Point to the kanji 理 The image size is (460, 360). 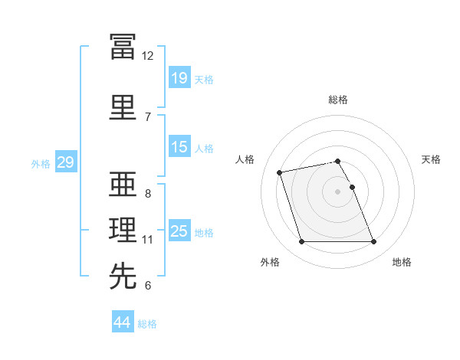[123, 231]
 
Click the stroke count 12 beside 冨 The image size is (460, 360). [148, 56]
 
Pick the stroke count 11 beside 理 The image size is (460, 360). [148, 240]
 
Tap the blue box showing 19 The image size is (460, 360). [179, 77]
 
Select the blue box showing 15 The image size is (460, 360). [179, 147]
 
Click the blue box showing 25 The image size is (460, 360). [179, 231]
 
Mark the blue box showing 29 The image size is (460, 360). [65, 162]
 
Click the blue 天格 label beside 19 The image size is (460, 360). [203, 79]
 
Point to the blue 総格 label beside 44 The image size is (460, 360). [147, 324]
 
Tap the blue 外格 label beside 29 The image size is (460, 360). [41, 164]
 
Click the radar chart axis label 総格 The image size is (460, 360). [338, 100]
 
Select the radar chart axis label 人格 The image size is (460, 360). [245, 159]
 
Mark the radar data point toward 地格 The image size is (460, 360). [373, 242]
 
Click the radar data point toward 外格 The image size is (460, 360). [301, 242]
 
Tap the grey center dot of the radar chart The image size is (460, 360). [338, 191]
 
